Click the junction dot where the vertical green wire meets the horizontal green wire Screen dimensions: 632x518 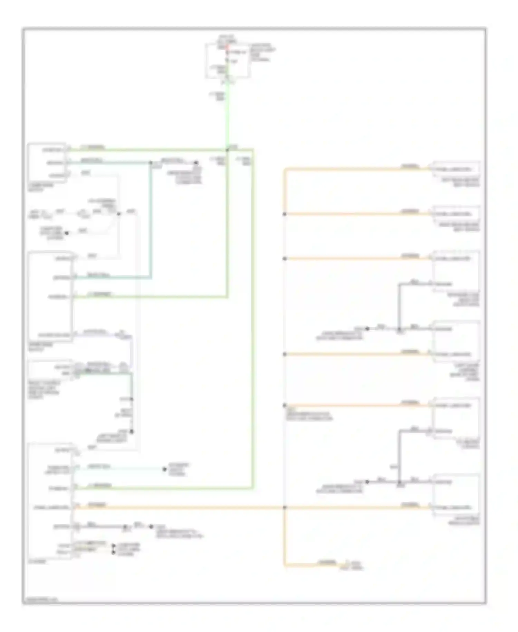227,150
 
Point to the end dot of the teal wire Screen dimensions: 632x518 196,162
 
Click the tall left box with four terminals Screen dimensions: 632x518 50,297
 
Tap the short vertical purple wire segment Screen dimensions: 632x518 132,351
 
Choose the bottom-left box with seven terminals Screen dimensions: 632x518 50,501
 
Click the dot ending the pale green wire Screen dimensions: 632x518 164,469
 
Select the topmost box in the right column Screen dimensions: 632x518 456,169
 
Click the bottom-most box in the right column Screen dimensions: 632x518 456,495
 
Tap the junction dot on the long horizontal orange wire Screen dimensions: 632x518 285,508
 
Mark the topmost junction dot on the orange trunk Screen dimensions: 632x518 285,214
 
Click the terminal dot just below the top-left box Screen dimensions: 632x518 67,233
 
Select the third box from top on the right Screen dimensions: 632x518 456,272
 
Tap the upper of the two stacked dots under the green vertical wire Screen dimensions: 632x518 132,399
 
